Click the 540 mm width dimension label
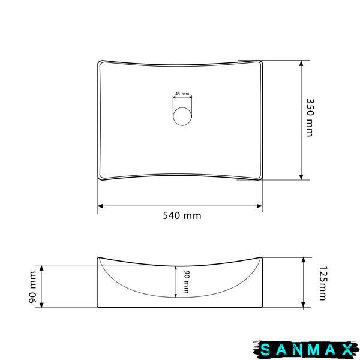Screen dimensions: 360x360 click(182, 215)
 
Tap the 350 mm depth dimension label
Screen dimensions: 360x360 click(310, 118)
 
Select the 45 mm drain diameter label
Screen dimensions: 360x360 click(182, 94)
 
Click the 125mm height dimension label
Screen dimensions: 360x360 click(323, 283)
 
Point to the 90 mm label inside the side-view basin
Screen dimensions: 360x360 click(187, 282)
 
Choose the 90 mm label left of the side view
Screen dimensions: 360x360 click(32, 287)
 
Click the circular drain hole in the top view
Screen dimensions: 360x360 click(182, 116)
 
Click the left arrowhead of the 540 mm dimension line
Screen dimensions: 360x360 click(100, 206)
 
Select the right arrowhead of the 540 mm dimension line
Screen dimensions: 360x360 click(260, 206)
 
